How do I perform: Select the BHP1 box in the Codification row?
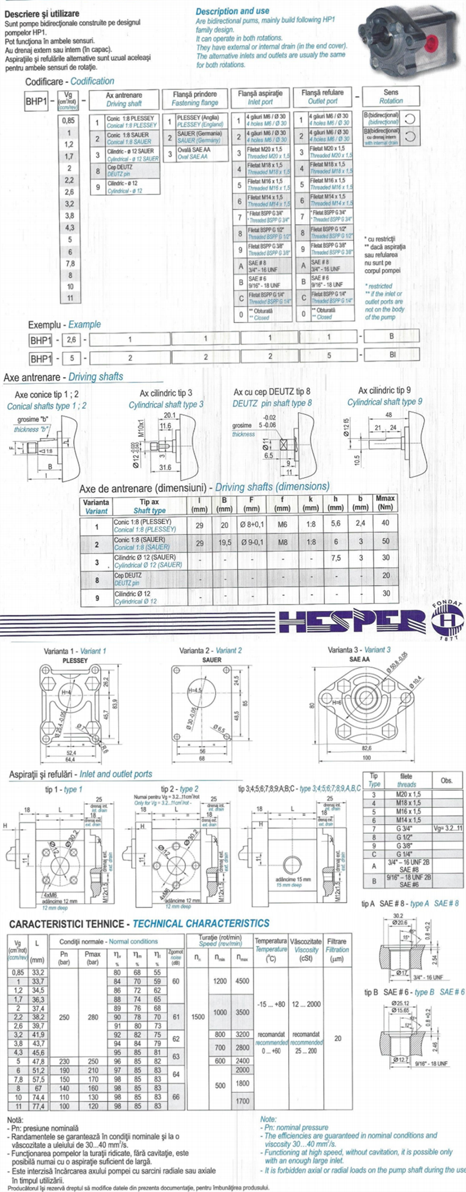click(x=37, y=102)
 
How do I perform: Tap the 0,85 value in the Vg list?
click(x=69, y=120)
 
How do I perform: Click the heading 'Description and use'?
click(x=232, y=11)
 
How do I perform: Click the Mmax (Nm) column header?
click(x=385, y=502)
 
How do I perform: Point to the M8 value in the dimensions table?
click(x=282, y=542)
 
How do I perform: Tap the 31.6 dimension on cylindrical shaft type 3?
click(x=165, y=467)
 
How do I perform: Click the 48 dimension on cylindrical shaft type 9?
click(x=389, y=415)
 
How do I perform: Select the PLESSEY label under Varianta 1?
click(x=75, y=660)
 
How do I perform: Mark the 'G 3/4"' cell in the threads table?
click(x=408, y=829)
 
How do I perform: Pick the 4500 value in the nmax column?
click(x=242, y=981)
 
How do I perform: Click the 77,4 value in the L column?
click(x=38, y=1106)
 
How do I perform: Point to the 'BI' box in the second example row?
click(x=391, y=354)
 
